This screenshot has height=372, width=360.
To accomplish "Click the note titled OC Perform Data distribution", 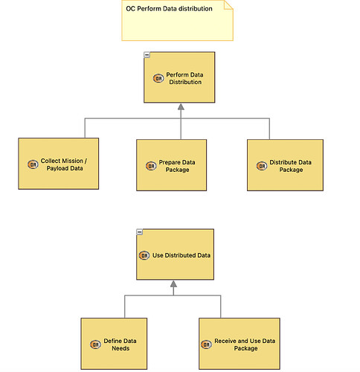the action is pyautogui.click(x=177, y=20).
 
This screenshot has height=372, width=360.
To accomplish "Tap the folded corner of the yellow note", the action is pyautogui.click(x=228, y=5).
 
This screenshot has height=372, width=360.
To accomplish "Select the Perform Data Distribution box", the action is pyautogui.click(x=179, y=77).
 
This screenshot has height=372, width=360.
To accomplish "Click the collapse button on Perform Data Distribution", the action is pyautogui.click(x=147, y=55).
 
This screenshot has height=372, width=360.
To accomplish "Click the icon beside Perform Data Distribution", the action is pyautogui.click(x=158, y=78).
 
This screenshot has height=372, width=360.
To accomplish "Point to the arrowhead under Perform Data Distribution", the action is pyautogui.click(x=181, y=107).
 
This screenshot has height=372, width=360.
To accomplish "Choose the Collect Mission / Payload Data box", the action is pyautogui.click(x=59, y=164).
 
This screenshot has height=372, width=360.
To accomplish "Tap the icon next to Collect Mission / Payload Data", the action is pyautogui.click(x=33, y=164).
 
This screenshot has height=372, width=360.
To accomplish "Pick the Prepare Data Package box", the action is pyautogui.click(x=171, y=165).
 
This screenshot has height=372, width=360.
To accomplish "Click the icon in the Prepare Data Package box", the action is pyautogui.click(x=151, y=166).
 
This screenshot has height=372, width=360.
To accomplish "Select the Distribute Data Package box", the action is pyautogui.click(x=285, y=165).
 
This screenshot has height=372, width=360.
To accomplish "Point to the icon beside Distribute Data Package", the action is pyautogui.click(x=262, y=166).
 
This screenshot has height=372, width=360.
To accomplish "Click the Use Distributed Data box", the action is pyautogui.click(x=175, y=254).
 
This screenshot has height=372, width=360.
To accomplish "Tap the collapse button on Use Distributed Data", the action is pyautogui.click(x=140, y=232).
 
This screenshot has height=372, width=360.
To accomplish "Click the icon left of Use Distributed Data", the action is pyautogui.click(x=144, y=255).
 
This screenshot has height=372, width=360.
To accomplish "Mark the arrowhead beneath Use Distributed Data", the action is pyautogui.click(x=173, y=284).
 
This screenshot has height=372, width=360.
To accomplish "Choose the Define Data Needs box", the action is pyautogui.click(x=114, y=344).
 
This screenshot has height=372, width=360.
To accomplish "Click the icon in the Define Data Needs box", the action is pyautogui.click(x=95, y=344).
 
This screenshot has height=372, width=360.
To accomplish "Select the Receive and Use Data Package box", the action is pyautogui.click(x=240, y=344).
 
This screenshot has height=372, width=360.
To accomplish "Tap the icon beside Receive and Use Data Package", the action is pyautogui.click(x=206, y=344).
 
